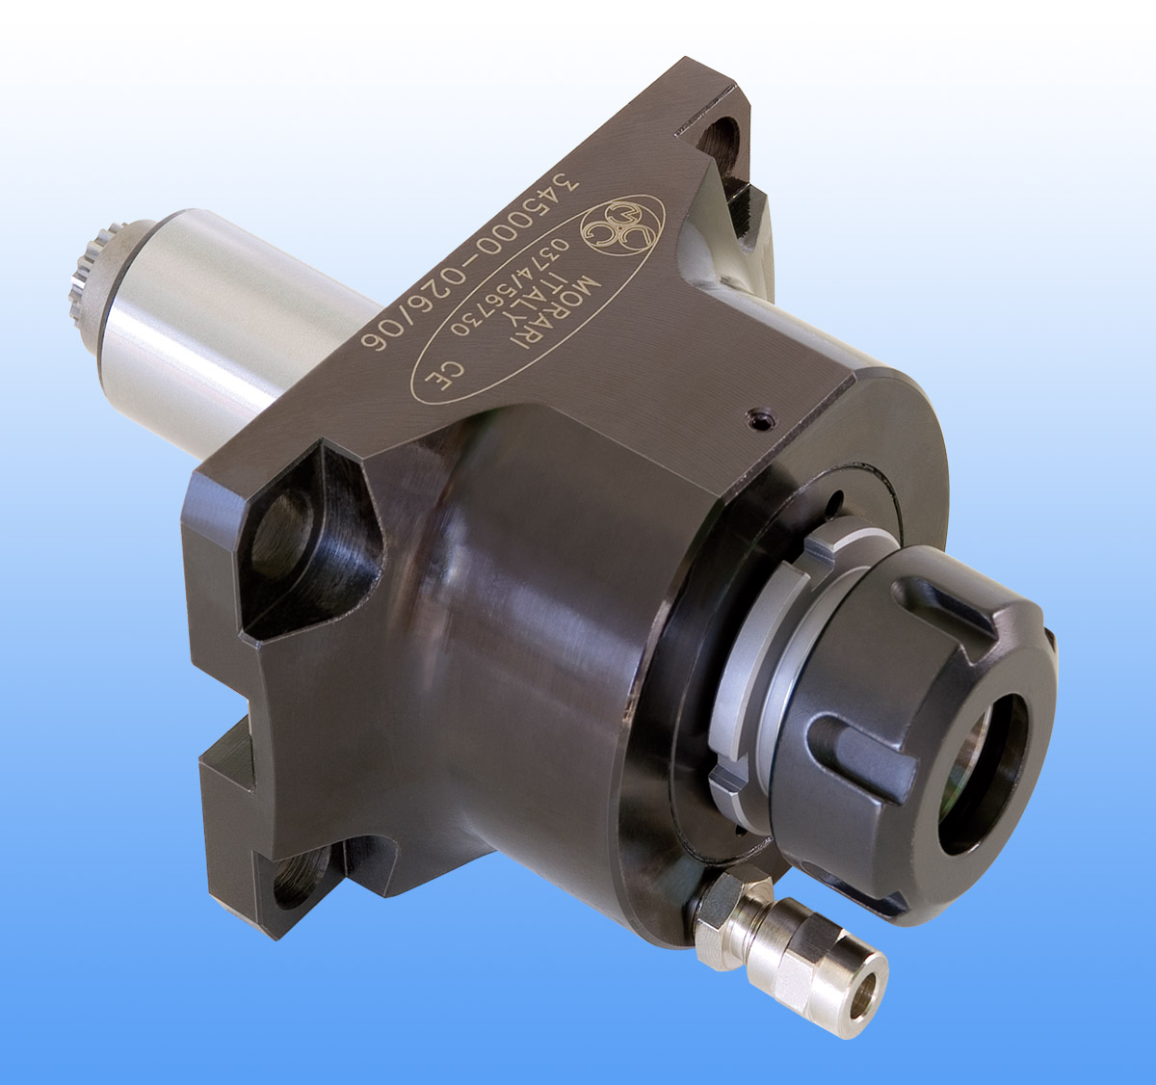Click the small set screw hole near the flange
click(x=761, y=419)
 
